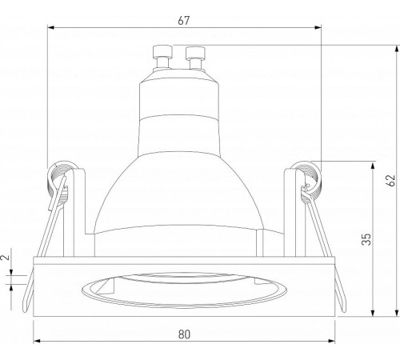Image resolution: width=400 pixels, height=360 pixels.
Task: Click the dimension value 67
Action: (x=184, y=21)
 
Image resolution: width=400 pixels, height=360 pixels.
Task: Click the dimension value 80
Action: (x=184, y=334)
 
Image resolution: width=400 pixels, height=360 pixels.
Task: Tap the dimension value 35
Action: (x=366, y=239)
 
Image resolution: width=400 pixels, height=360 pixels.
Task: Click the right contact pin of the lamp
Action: (x=195, y=58)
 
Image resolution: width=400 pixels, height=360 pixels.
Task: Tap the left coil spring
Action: (x=58, y=184)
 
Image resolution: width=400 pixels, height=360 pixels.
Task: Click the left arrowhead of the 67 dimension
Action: (x=50, y=27)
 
